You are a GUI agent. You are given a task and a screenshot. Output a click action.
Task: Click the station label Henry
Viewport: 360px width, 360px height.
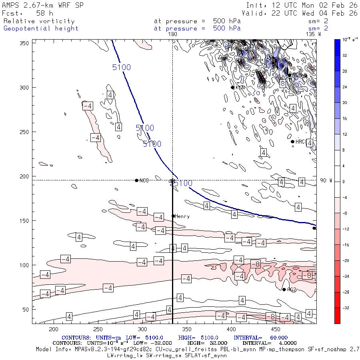pyautogui.click(x=182, y=216)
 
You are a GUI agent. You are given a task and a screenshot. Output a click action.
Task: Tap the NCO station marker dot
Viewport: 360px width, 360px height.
pyautogui.click(x=137, y=180)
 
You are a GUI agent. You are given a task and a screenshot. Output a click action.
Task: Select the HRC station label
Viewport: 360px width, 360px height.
pyautogui.click(x=300, y=142)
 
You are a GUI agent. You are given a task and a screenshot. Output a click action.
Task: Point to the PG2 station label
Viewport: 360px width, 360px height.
pyautogui.click(x=292, y=290)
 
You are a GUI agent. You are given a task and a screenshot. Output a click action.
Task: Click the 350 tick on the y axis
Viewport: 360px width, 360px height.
pyautogui.click(x=26, y=43)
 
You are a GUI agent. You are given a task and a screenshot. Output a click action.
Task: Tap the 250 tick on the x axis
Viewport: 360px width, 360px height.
pyautogui.click(x=98, y=329)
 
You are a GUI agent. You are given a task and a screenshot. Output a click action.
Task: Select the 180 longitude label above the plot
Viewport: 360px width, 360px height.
pyautogui.click(x=172, y=34)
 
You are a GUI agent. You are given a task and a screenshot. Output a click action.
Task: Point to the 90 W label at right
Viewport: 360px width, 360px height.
pyautogui.click(x=326, y=180)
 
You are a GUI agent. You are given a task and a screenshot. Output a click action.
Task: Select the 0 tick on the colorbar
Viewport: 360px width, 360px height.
pyautogui.click(x=342, y=182)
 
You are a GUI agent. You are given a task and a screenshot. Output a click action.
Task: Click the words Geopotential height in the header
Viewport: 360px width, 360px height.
pyautogui.click(x=41, y=28)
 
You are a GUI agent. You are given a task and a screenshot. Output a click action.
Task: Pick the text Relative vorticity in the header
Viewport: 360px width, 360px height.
pyautogui.click(x=39, y=21)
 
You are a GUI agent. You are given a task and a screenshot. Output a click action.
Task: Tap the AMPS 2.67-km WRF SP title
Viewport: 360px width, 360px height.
pyautogui.click(x=40, y=5)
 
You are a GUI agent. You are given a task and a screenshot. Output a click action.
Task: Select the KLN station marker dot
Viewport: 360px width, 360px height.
pyautogui.click(x=232, y=87)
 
